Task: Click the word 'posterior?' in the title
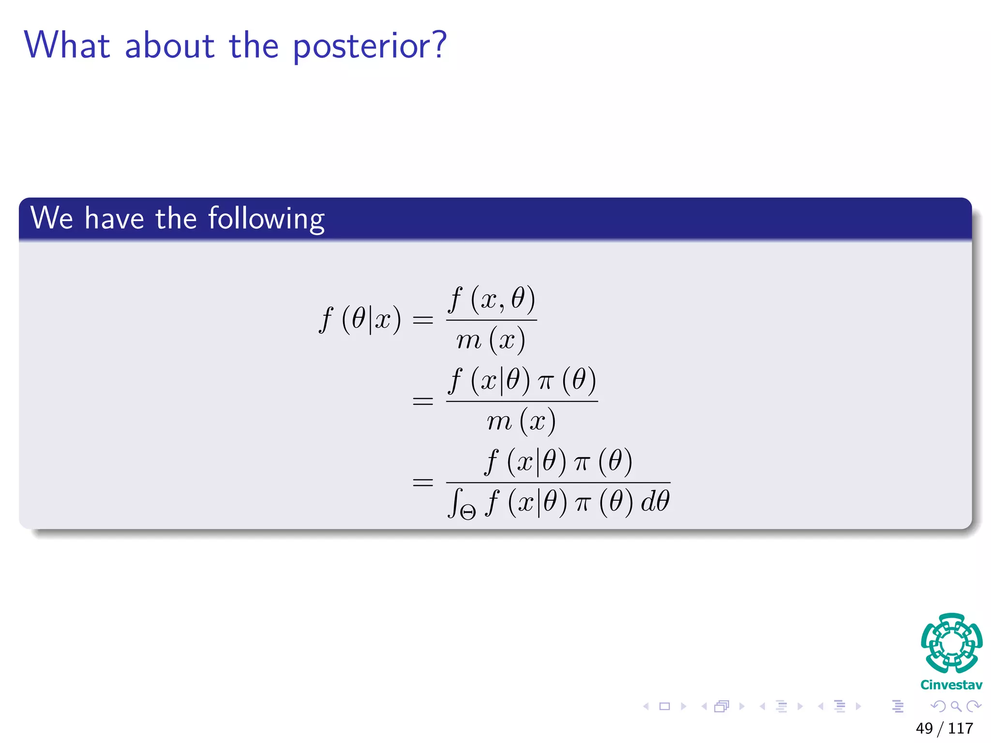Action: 369,46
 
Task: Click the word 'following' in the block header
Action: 266,219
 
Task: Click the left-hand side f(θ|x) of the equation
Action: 360,319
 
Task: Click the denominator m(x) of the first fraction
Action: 490,340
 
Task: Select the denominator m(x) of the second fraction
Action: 521,421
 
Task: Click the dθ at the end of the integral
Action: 655,501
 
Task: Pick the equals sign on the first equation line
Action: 422,320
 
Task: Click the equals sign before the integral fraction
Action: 422,482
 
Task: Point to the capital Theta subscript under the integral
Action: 468,512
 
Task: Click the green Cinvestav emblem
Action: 951,643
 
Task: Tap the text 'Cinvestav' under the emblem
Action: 951,685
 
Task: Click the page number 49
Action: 924,728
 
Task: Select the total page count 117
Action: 961,728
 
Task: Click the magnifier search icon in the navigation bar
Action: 956,706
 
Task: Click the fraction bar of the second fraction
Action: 522,401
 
